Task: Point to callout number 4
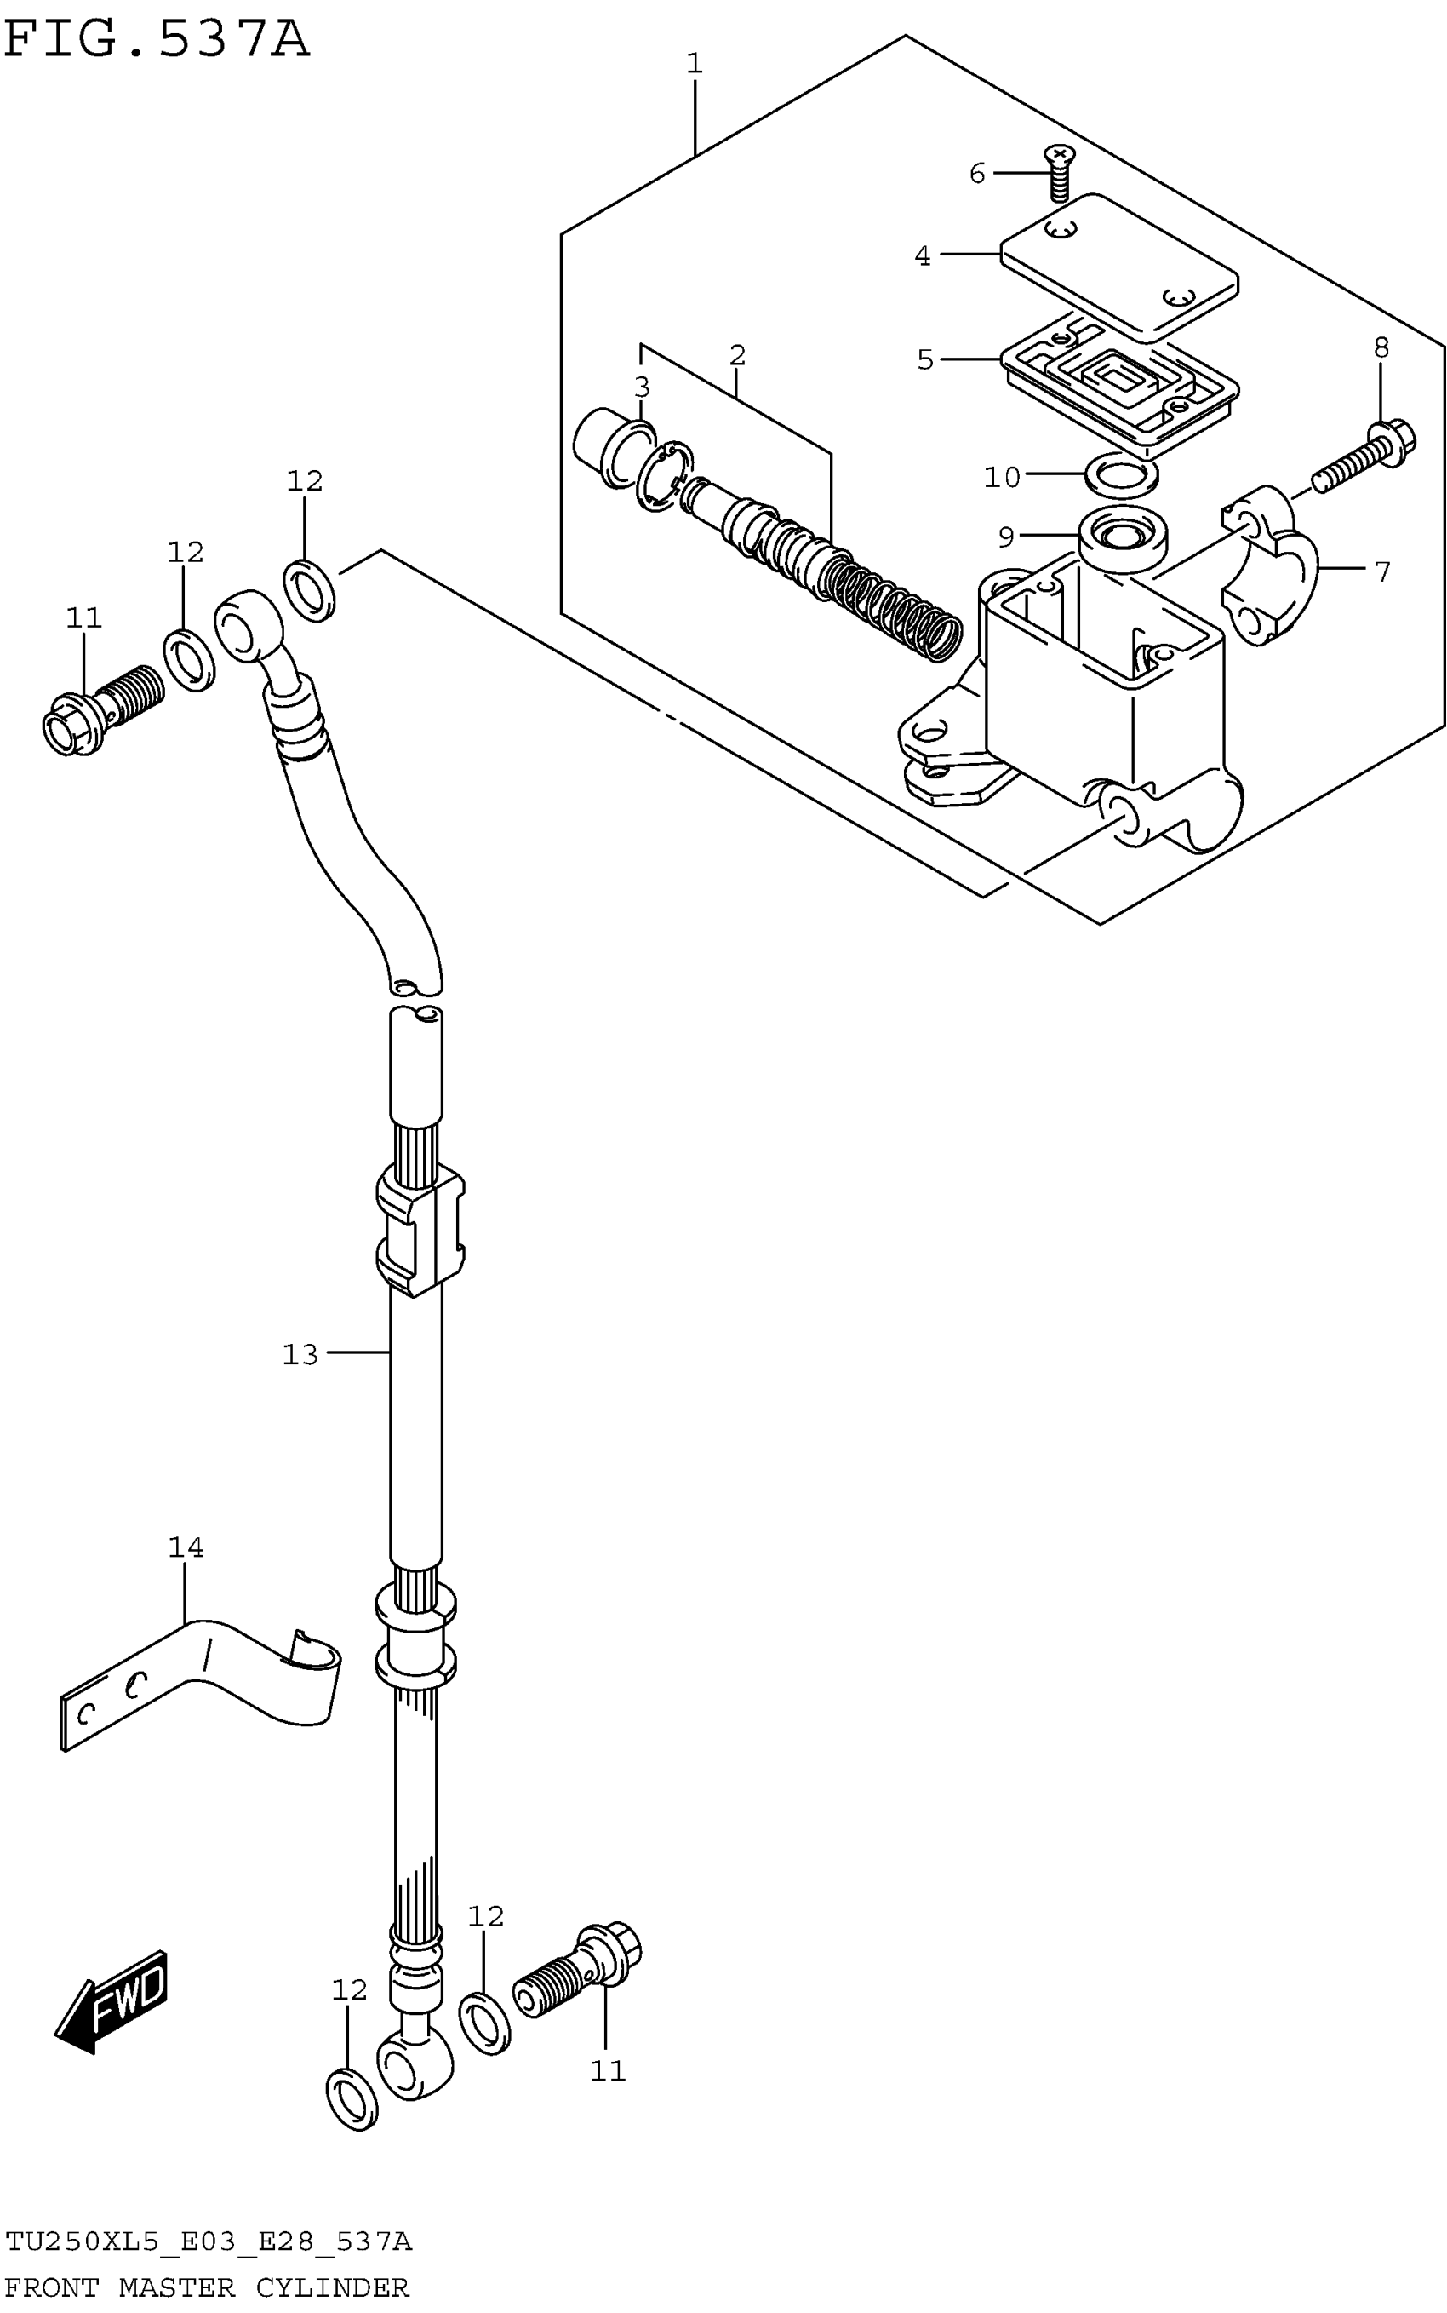click(922, 256)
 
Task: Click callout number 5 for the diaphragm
click(924, 360)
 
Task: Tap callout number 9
click(1006, 537)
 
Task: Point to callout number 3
click(641, 387)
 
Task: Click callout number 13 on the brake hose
click(300, 1355)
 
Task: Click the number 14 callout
click(186, 1547)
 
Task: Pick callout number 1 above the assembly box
click(695, 64)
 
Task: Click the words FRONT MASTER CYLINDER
click(207, 2287)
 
